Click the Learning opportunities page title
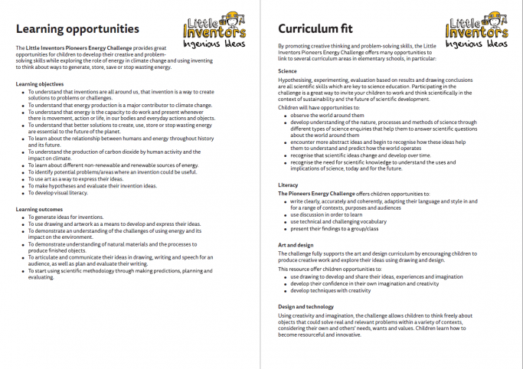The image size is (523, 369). tap(77, 29)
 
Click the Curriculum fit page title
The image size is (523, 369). tap(313, 29)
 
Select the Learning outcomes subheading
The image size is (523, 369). tap(39, 209)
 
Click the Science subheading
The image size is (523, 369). tap(288, 70)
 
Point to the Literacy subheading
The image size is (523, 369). tap(289, 185)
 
